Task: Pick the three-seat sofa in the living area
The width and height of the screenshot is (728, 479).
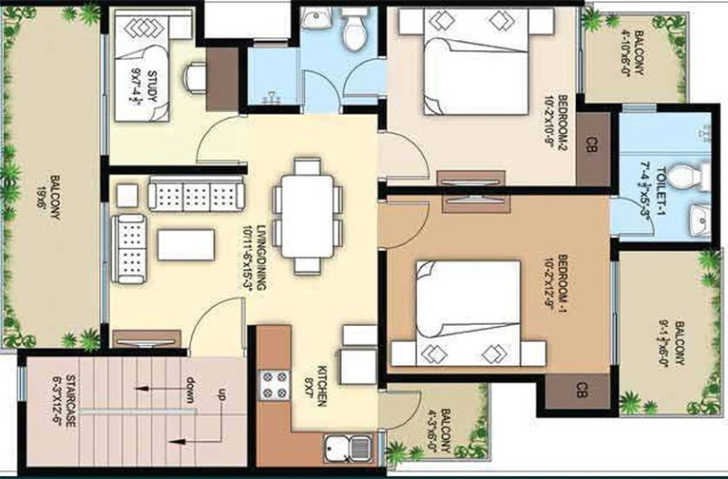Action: pyautogui.click(x=195, y=194)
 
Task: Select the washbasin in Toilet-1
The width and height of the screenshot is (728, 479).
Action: pyautogui.click(x=699, y=219)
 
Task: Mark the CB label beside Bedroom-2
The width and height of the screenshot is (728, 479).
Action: pyautogui.click(x=591, y=144)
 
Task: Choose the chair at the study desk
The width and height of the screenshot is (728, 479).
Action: pyautogui.click(x=193, y=76)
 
